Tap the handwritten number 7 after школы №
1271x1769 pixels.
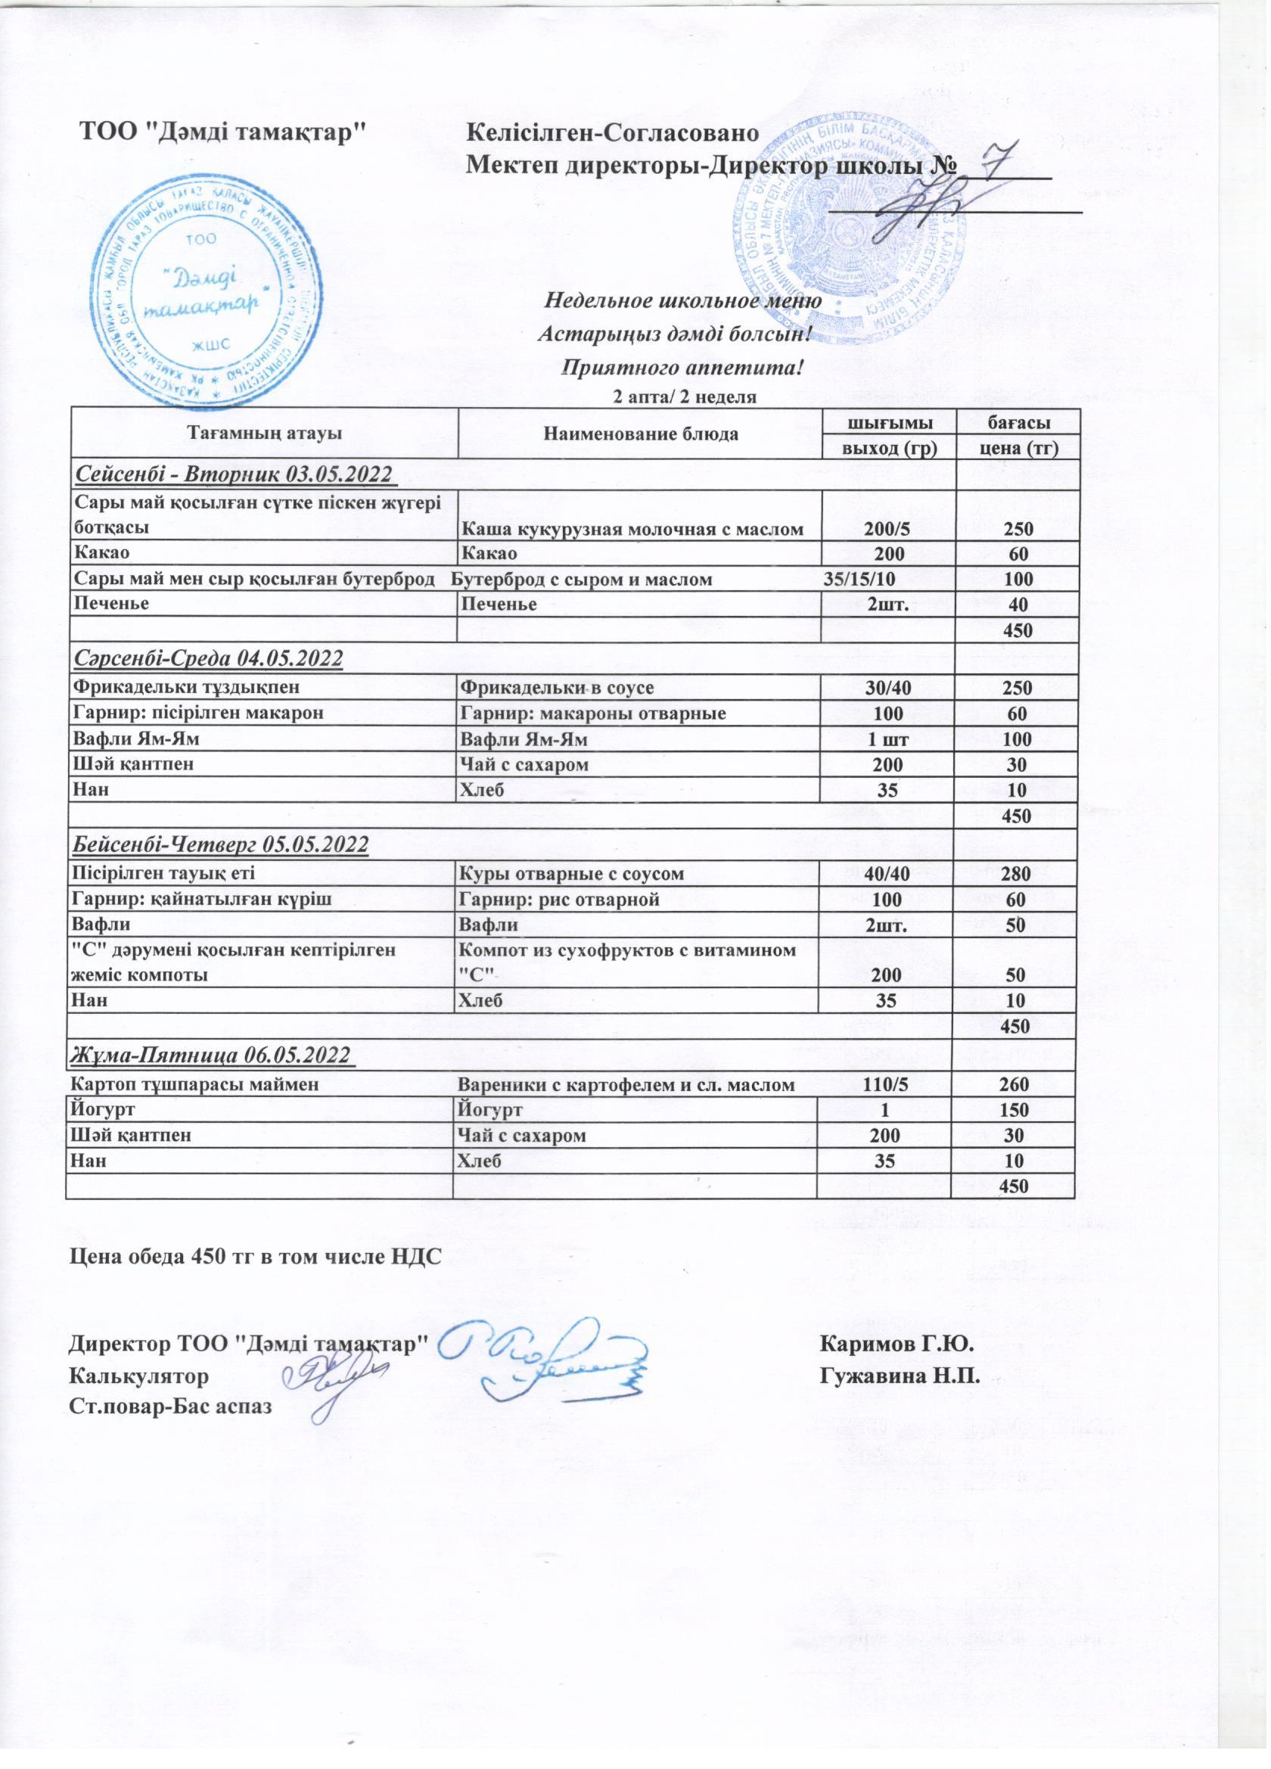click(997, 162)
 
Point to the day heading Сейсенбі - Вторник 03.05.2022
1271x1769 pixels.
click(231, 474)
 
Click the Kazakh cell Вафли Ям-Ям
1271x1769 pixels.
click(130, 738)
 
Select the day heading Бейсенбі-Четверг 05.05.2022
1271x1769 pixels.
click(220, 844)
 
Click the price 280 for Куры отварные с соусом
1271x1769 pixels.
click(1016, 874)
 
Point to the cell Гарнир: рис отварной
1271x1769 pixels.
click(560, 900)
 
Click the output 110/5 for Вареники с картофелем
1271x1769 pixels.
click(886, 1084)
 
